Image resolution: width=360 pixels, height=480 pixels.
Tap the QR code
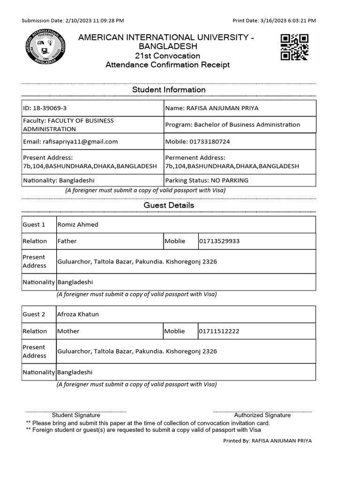click(x=294, y=47)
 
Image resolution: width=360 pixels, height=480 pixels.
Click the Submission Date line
click(x=73, y=21)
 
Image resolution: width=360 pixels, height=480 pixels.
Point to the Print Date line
click(x=274, y=21)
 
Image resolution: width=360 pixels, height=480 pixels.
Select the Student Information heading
click(x=169, y=90)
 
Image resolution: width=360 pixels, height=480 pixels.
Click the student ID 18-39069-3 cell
click(x=93, y=108)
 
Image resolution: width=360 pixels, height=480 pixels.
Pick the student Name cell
click(x=240, y=108)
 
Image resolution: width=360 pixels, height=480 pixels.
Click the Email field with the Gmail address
click(x=93, y=142)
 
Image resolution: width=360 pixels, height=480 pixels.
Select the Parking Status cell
click(x=240, y=180)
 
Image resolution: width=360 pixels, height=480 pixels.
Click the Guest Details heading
click(x=169, y=205)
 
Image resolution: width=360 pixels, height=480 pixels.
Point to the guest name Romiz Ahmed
click(x=78, y=225)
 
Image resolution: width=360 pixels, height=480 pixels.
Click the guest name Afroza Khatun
click(x=78, y=315)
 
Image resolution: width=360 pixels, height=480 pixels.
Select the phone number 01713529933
click(x=219, y=241)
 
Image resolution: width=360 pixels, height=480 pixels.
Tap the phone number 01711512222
click(x=219, y=331)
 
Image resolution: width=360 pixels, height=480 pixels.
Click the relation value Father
click(x=67, y=241)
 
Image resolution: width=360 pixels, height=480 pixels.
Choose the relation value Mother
click(x=68, y=331)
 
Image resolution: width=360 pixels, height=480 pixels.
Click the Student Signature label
click(x=76, y=415)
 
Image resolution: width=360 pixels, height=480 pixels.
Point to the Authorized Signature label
click(x=262, y=415)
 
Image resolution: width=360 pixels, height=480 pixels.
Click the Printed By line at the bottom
click(x=267, y=441)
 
